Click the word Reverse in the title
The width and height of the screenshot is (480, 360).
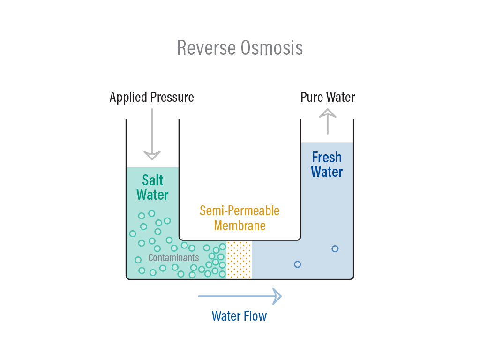[x=207, y=48]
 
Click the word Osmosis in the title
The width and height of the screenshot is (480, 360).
[x=272, y=48]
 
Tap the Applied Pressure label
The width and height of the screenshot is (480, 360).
[x=152, y=97]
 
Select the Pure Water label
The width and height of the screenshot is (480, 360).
[x=328, y=97]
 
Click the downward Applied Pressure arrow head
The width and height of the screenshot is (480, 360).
[x=152, y=156]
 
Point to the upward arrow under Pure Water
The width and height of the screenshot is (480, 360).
[x=328, y=121]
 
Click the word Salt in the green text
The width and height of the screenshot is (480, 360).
[x=153, y=180]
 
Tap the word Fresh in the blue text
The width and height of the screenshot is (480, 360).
[x=327, y=157]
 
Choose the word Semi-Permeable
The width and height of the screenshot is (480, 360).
[x=240, y=210]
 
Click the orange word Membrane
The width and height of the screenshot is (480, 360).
[x=240, y=225]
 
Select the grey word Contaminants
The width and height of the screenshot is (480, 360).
[x=173, y=258]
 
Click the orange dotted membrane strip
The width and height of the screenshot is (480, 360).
[x=239, y=260]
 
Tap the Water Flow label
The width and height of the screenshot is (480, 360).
[x=239, y=316]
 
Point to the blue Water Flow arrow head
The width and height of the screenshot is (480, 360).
[x=277, y=296]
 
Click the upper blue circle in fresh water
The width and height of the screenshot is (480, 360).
[x=335, y=248]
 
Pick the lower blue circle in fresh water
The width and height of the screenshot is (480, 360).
[x=297, y=264]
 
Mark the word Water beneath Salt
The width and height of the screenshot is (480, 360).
[x=152, y=195]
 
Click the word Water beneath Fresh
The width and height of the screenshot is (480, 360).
[x=327, y=172]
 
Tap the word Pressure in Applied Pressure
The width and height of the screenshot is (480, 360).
[x=172, y=97]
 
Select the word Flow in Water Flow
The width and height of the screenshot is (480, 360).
[x=255, y=316]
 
